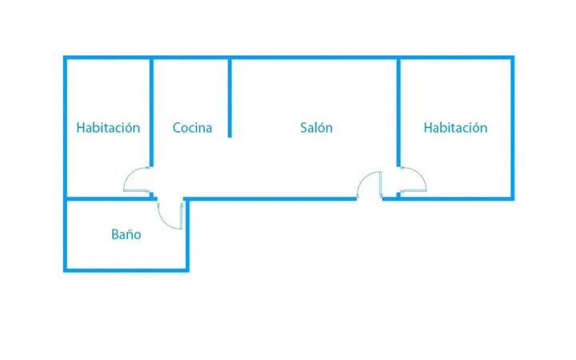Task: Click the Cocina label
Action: pyautogui.click(x=192, y=128)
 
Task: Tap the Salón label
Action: pyautogui.click(x=316, y=127)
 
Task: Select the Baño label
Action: pyautogui.click(x=126, y=234)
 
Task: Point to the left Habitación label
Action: pyautogui.click(x=108, y=127)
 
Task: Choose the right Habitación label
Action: pyautogui.click(x=455, y=127)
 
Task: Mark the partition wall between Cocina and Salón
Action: pyautogui.click(x=230, y=98)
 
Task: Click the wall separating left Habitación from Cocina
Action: pyautogui.click(x=151, y=112)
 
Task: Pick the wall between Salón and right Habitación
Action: pyautogui.click(x=398, y=112)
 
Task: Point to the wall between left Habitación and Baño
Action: pyautogui.click(x=108, y=198)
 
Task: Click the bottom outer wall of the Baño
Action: pyautogui.click(x=126, y=270)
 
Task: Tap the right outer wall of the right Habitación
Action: pyautogui.click(x=513, y=128)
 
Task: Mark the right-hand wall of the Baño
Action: pyautogui.click(x=187, y=235)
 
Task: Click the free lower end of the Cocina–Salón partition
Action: pyautogui.click(x=230, y=138)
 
